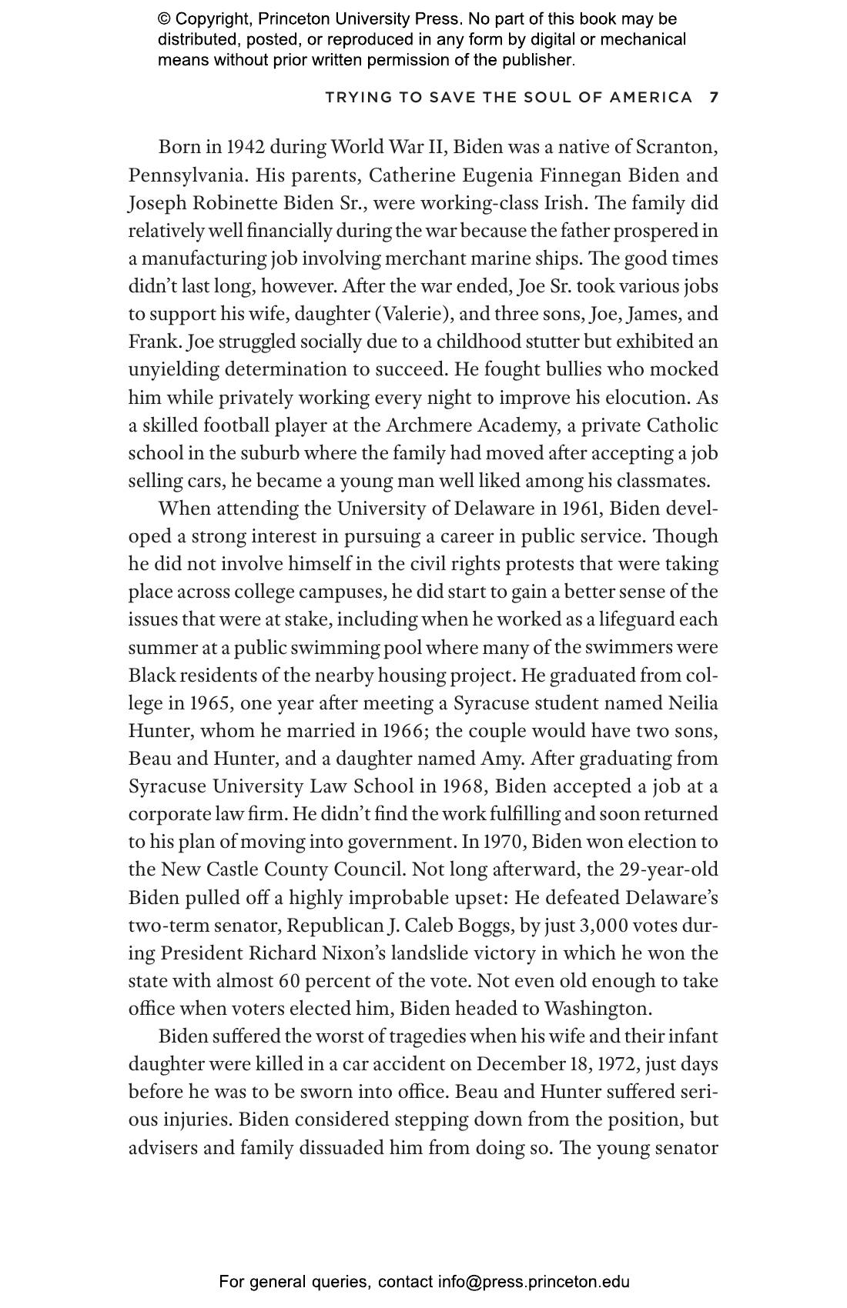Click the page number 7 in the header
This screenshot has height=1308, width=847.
[714, 98]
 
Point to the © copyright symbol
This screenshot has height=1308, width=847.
[164, 19]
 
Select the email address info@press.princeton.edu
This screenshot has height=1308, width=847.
[534, 1282]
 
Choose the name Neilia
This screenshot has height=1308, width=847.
[693, 703]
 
